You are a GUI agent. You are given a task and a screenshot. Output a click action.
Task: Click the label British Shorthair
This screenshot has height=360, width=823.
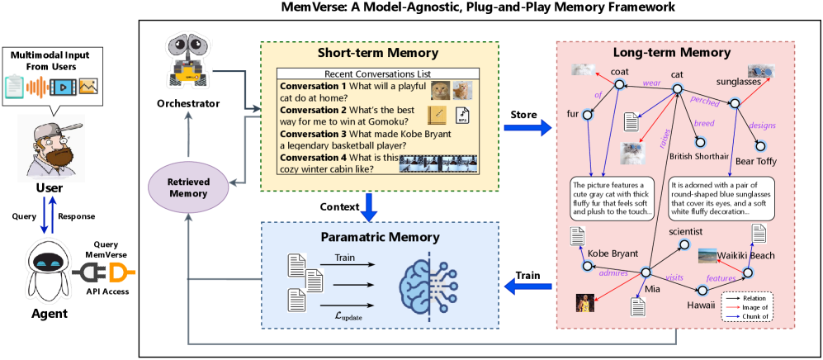[x=699, y=155]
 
